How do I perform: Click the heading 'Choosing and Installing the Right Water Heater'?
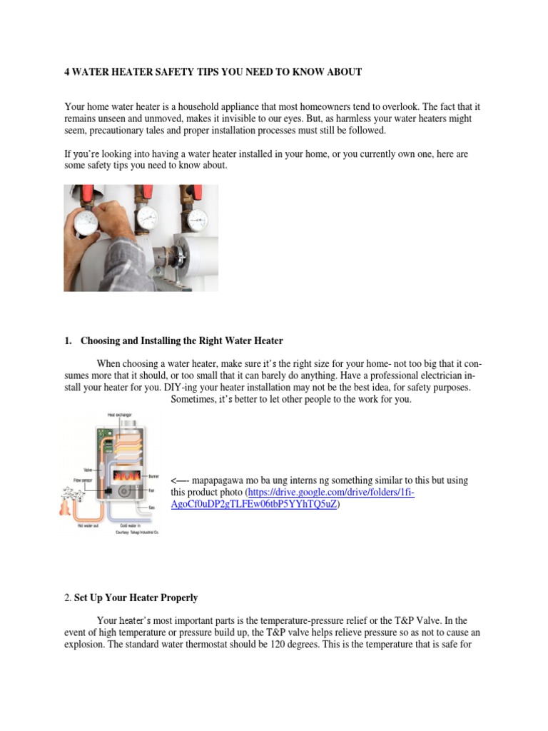tap(181, 341)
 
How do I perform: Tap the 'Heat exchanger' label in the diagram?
tap(118, 414)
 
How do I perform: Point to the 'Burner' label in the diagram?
tap(153, 475)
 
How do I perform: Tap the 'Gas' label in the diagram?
tap(151, 507)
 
